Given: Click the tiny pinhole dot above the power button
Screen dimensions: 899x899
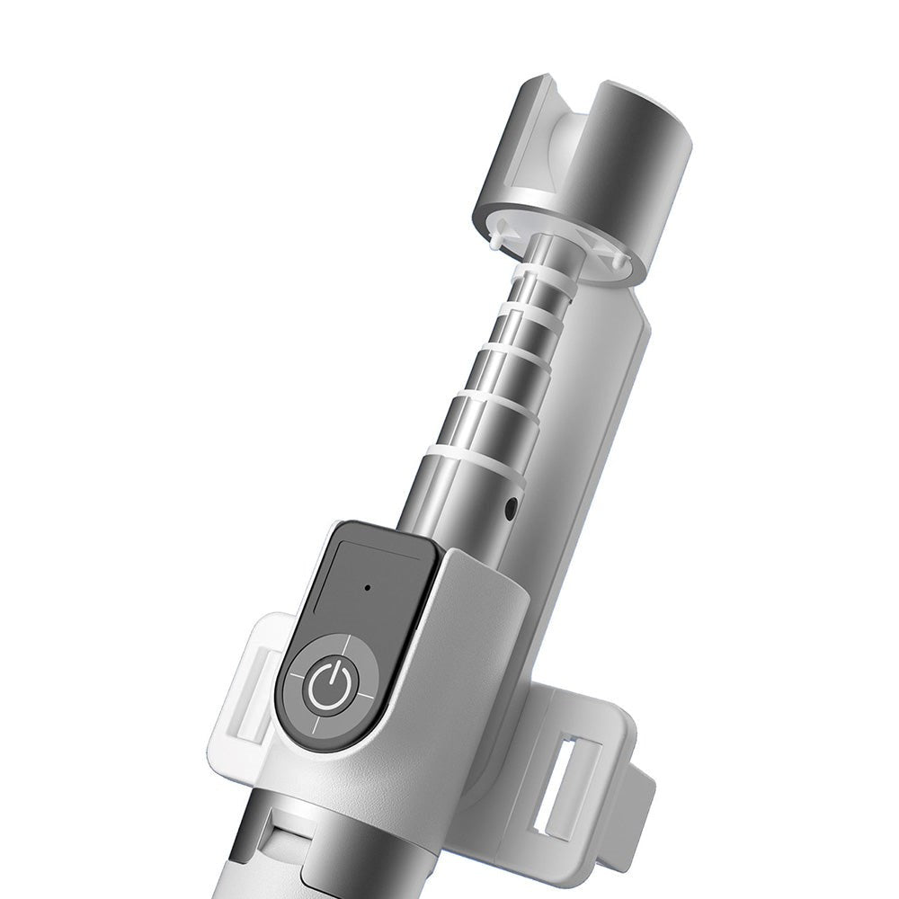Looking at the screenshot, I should tap(368, 590).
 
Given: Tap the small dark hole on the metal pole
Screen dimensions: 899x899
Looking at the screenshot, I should tap(511, 507).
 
